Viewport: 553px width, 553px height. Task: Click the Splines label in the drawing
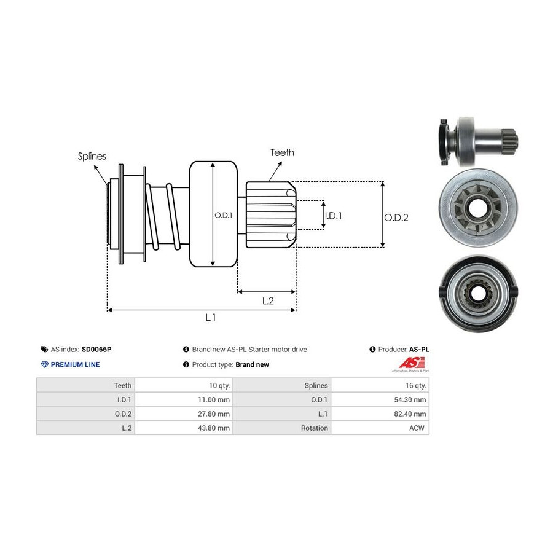coord(92,156)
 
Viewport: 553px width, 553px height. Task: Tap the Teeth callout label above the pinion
coord(282,152)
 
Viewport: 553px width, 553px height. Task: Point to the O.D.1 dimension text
coord(222,216)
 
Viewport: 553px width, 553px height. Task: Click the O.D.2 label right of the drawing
coord(396,218)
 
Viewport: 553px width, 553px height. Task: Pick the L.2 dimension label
coord(267,300)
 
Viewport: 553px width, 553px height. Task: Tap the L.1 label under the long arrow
coord(210,317)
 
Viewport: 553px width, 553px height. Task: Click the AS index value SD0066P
coord(96,350)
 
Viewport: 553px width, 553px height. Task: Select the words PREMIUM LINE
coord(75,364)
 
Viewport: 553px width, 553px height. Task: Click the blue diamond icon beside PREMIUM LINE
coord(44,364)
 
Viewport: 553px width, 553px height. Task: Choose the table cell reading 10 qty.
coord(219,385)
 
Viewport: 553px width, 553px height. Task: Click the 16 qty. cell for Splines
coord(416,385)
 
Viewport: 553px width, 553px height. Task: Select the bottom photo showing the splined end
coord(477,293)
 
